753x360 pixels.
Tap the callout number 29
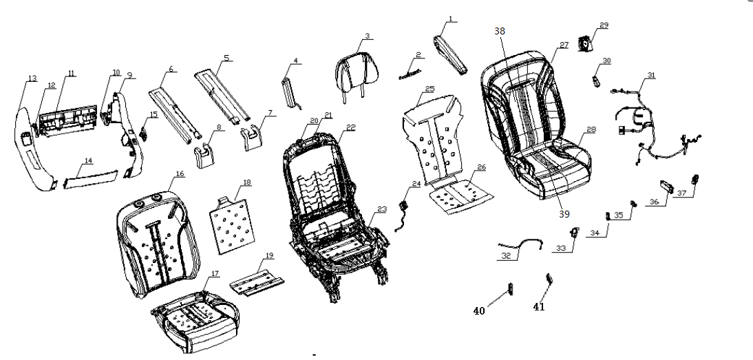[x=604, y=25]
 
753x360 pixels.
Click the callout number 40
[x=478, y=310]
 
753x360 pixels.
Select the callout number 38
[x=500, y=31]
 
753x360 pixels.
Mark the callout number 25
[x=429, y=89]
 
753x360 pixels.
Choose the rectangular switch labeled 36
[x=666, y=184]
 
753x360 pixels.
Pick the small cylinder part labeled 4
[x=290, y=89]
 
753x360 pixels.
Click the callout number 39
[x=564, y=215]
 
